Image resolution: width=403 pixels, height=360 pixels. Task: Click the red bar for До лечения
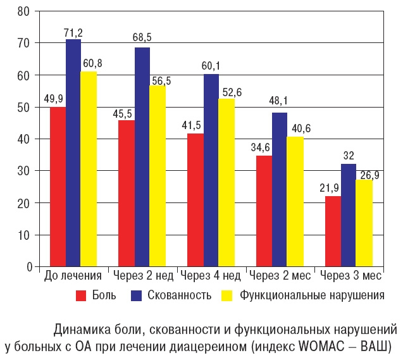(x=58, y=187)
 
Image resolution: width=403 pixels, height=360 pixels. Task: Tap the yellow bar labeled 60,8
(x=89, y=169)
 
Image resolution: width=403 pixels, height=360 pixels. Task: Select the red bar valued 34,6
(x=264, y=211)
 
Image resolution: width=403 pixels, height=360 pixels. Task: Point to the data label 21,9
(x=333, y=188)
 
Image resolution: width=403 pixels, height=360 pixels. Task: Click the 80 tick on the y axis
(x=25, y=11)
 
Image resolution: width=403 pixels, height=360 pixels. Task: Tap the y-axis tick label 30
(x=25, y=171)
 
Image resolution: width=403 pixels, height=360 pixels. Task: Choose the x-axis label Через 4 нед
(x=210, y=276)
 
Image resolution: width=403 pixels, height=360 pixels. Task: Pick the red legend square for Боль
(x=80, y=295)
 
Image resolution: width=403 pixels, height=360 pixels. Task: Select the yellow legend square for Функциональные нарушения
(x=226, y=295)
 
